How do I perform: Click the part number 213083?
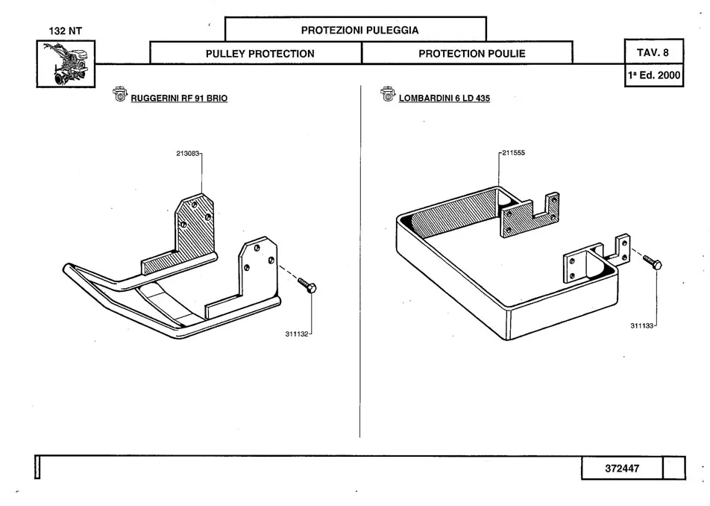pos(188,154)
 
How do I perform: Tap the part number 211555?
pos(514,154)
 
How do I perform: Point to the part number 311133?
pos(642,325)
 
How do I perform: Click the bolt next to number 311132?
pos(307,285)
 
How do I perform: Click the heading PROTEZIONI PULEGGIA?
pos(359,30)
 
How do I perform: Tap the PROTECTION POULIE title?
pos(471,54)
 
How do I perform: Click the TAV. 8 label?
pos(653,53)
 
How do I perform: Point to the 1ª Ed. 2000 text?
pos(653,75)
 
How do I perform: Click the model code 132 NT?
pos(66,31)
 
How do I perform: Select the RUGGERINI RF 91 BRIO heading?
pos(179,99)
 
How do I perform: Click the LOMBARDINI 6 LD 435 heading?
pos(444,99)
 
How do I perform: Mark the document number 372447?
pos(622,468)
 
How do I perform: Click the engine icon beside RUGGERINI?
pos(119,96)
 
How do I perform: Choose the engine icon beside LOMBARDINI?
pos(387,96)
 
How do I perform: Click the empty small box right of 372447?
pos(673,468)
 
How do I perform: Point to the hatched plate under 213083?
pos(195,225)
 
